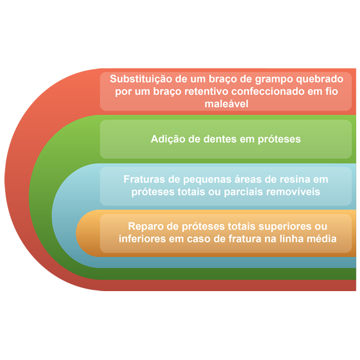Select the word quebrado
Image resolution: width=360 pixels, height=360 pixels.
(320, 79)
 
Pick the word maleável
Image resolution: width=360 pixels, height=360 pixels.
(227, 104)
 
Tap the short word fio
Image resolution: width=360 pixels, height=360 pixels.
(331, 91)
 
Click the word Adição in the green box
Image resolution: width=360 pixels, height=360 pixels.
(168, 139)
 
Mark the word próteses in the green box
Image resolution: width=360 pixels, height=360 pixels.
(279, 140)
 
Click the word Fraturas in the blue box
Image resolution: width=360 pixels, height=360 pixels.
(144, 179)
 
